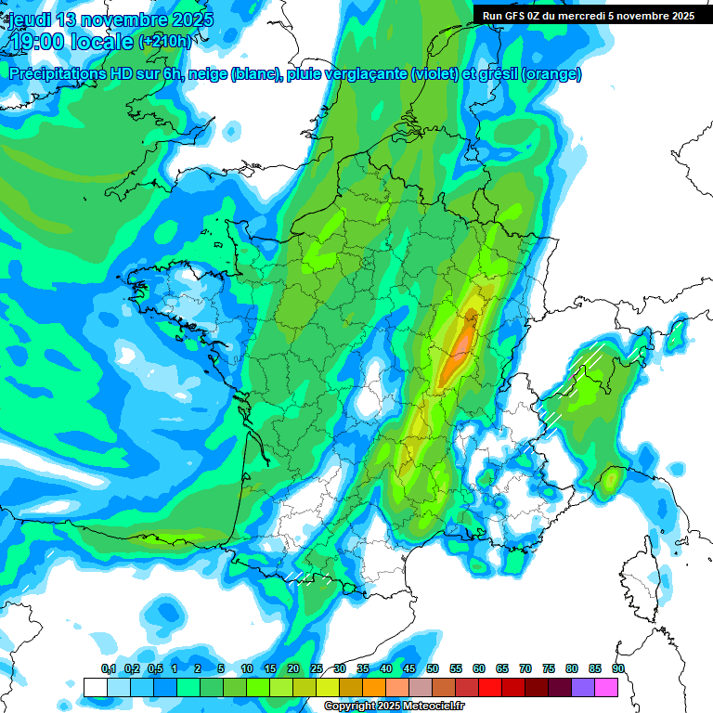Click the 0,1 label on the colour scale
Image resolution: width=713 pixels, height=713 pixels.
tap(109, 668)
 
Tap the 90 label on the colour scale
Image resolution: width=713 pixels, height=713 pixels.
tap(618, 668)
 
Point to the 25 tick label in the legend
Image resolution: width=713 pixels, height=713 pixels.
tap(317, 668)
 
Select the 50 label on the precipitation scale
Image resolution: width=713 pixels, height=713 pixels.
tap(433, 668)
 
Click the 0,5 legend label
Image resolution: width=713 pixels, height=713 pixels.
tap(155, 668)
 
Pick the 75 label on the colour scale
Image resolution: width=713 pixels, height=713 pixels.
tap(549, 668)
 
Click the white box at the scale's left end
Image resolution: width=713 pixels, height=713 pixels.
tap(95, 687)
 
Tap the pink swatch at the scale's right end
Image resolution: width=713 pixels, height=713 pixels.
tap(606, 687)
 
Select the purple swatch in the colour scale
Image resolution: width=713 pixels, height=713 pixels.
tap(583, 687)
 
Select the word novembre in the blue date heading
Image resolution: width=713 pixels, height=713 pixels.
tap(123, 19)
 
